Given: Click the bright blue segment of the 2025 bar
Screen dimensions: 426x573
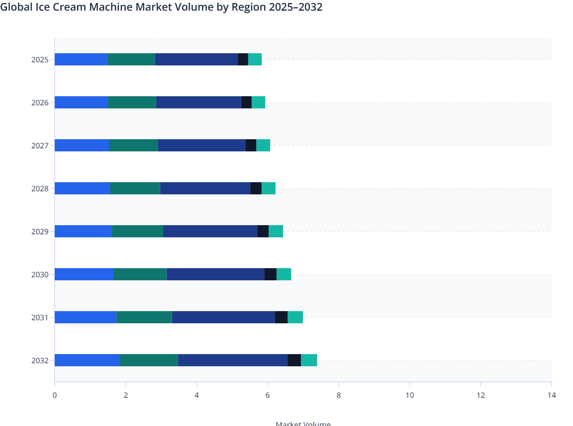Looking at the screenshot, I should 81,59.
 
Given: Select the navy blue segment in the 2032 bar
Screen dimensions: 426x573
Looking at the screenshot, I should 233,360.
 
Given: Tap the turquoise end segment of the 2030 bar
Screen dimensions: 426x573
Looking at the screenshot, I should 283,274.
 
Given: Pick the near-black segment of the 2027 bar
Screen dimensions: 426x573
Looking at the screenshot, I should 250,145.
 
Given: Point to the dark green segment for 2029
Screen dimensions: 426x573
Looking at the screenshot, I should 138,231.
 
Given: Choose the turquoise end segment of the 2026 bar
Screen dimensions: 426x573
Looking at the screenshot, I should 258,102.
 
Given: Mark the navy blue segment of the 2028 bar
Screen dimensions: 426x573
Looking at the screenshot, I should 205,188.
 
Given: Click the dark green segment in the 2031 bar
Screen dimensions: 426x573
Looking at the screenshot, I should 144,317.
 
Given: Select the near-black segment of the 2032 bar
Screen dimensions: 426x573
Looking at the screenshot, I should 294,360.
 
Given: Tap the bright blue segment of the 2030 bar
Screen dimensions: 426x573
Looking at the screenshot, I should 84,274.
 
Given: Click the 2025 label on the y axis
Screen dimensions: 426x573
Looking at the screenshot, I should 40,60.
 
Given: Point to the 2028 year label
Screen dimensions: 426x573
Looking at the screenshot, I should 40,189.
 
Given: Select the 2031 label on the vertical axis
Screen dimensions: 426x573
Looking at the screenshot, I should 40,318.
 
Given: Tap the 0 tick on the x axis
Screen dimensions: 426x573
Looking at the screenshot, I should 55,395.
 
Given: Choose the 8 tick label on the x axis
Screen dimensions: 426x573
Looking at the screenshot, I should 339,395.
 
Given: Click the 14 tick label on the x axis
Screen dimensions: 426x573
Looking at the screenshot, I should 551,395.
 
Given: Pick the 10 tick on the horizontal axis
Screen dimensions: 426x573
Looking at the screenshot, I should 410,395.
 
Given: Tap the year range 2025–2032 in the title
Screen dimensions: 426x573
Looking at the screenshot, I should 296,7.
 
